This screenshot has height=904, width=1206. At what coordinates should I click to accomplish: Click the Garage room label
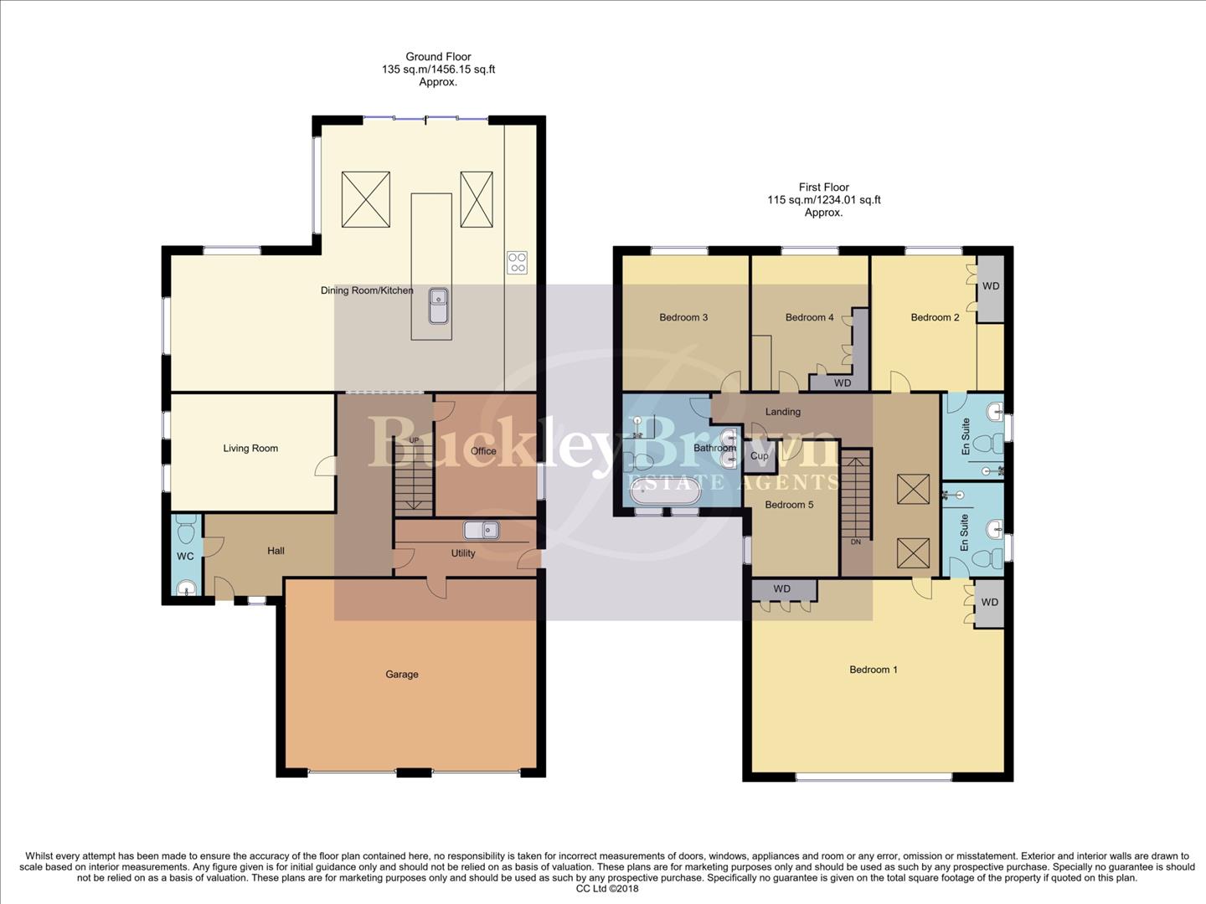[402, 674]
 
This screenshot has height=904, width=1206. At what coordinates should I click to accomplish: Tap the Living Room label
[250, 448]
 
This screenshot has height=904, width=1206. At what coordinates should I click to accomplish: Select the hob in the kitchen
[517, 262]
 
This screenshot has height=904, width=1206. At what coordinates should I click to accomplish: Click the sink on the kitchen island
[438, 306]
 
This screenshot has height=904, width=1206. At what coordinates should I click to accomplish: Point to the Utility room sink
[482, 530]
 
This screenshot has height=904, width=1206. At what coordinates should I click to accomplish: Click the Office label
[483, 450]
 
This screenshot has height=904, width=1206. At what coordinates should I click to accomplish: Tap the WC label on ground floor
[185, 556]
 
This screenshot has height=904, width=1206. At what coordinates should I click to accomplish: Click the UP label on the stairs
[414, 440]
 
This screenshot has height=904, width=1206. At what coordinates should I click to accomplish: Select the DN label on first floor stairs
[855, 542]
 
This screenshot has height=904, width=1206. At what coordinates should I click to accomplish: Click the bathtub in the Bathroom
[666, 494]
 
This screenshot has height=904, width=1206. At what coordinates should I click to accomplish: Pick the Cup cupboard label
[760, 456]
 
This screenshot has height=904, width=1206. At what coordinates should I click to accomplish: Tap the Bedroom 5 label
[789, 504]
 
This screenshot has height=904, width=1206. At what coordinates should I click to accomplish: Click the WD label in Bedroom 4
[843, 383]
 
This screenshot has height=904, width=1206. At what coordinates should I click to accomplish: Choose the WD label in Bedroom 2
[991, 285]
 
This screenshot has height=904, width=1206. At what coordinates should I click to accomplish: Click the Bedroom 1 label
[874, 669]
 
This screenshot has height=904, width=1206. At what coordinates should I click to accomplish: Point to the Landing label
[783, 411]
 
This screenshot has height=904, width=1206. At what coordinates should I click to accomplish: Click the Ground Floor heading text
[438, 57]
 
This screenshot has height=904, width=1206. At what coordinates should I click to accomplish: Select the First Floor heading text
[823, 187]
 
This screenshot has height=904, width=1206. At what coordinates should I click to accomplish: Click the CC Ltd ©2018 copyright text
[607, 889]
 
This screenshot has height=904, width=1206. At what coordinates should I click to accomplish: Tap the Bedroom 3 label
[683, 317]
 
